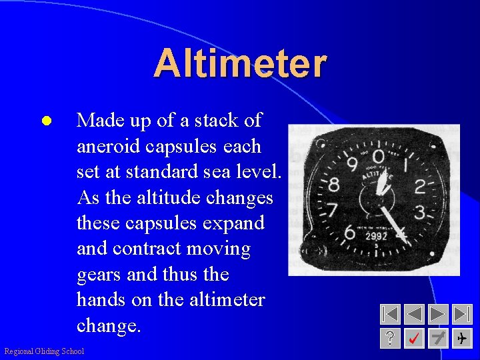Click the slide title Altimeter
pyautogui.click(x=240, y=64)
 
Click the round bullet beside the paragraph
pyautogui.click(x=45, y=121)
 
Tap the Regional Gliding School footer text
pyautogui.click(x=44, y=351)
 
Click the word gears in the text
pyautogui.click(x=99, y=275)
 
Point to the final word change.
pyautogui.click(x=109, y=326)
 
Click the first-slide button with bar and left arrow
pyautogui.click(x=391, y=314)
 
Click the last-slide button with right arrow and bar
pyautogui.click(x=461, y=314)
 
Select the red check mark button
pyautogui.click(x=414, y=339)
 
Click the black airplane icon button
pyautogui.click(x=461, y=339)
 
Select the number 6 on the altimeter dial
pyautogui.click(x=349, y=233)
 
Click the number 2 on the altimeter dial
pyautogui.click(x=420, y=187)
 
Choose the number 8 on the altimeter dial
pyautogui.click(x=333, y=184)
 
